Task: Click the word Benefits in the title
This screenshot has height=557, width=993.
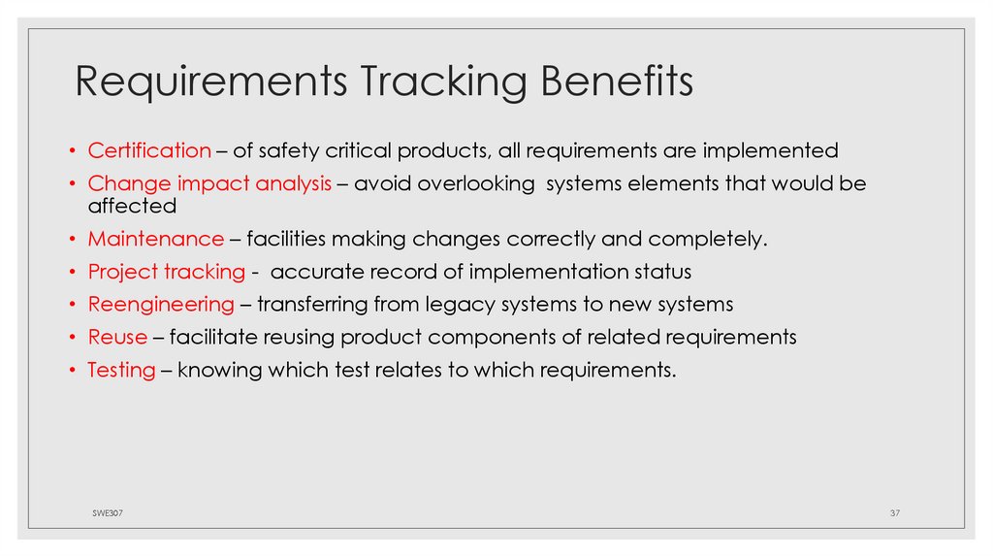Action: point(617,82)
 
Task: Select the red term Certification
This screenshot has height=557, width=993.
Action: point(149,150)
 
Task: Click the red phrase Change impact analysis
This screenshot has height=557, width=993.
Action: point(209,183)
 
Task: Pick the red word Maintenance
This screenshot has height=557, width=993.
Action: point(156,239)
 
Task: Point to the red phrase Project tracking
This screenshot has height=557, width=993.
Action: point(167,272)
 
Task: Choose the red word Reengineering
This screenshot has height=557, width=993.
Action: point(161,305)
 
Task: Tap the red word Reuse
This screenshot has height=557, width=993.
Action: point(117,337)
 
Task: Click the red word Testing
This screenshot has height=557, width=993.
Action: point(121,371)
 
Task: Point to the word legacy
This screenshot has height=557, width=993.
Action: point(461,305)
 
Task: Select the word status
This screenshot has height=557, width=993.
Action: point(660,272)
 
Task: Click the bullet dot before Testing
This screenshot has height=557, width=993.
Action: point(73,371)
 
